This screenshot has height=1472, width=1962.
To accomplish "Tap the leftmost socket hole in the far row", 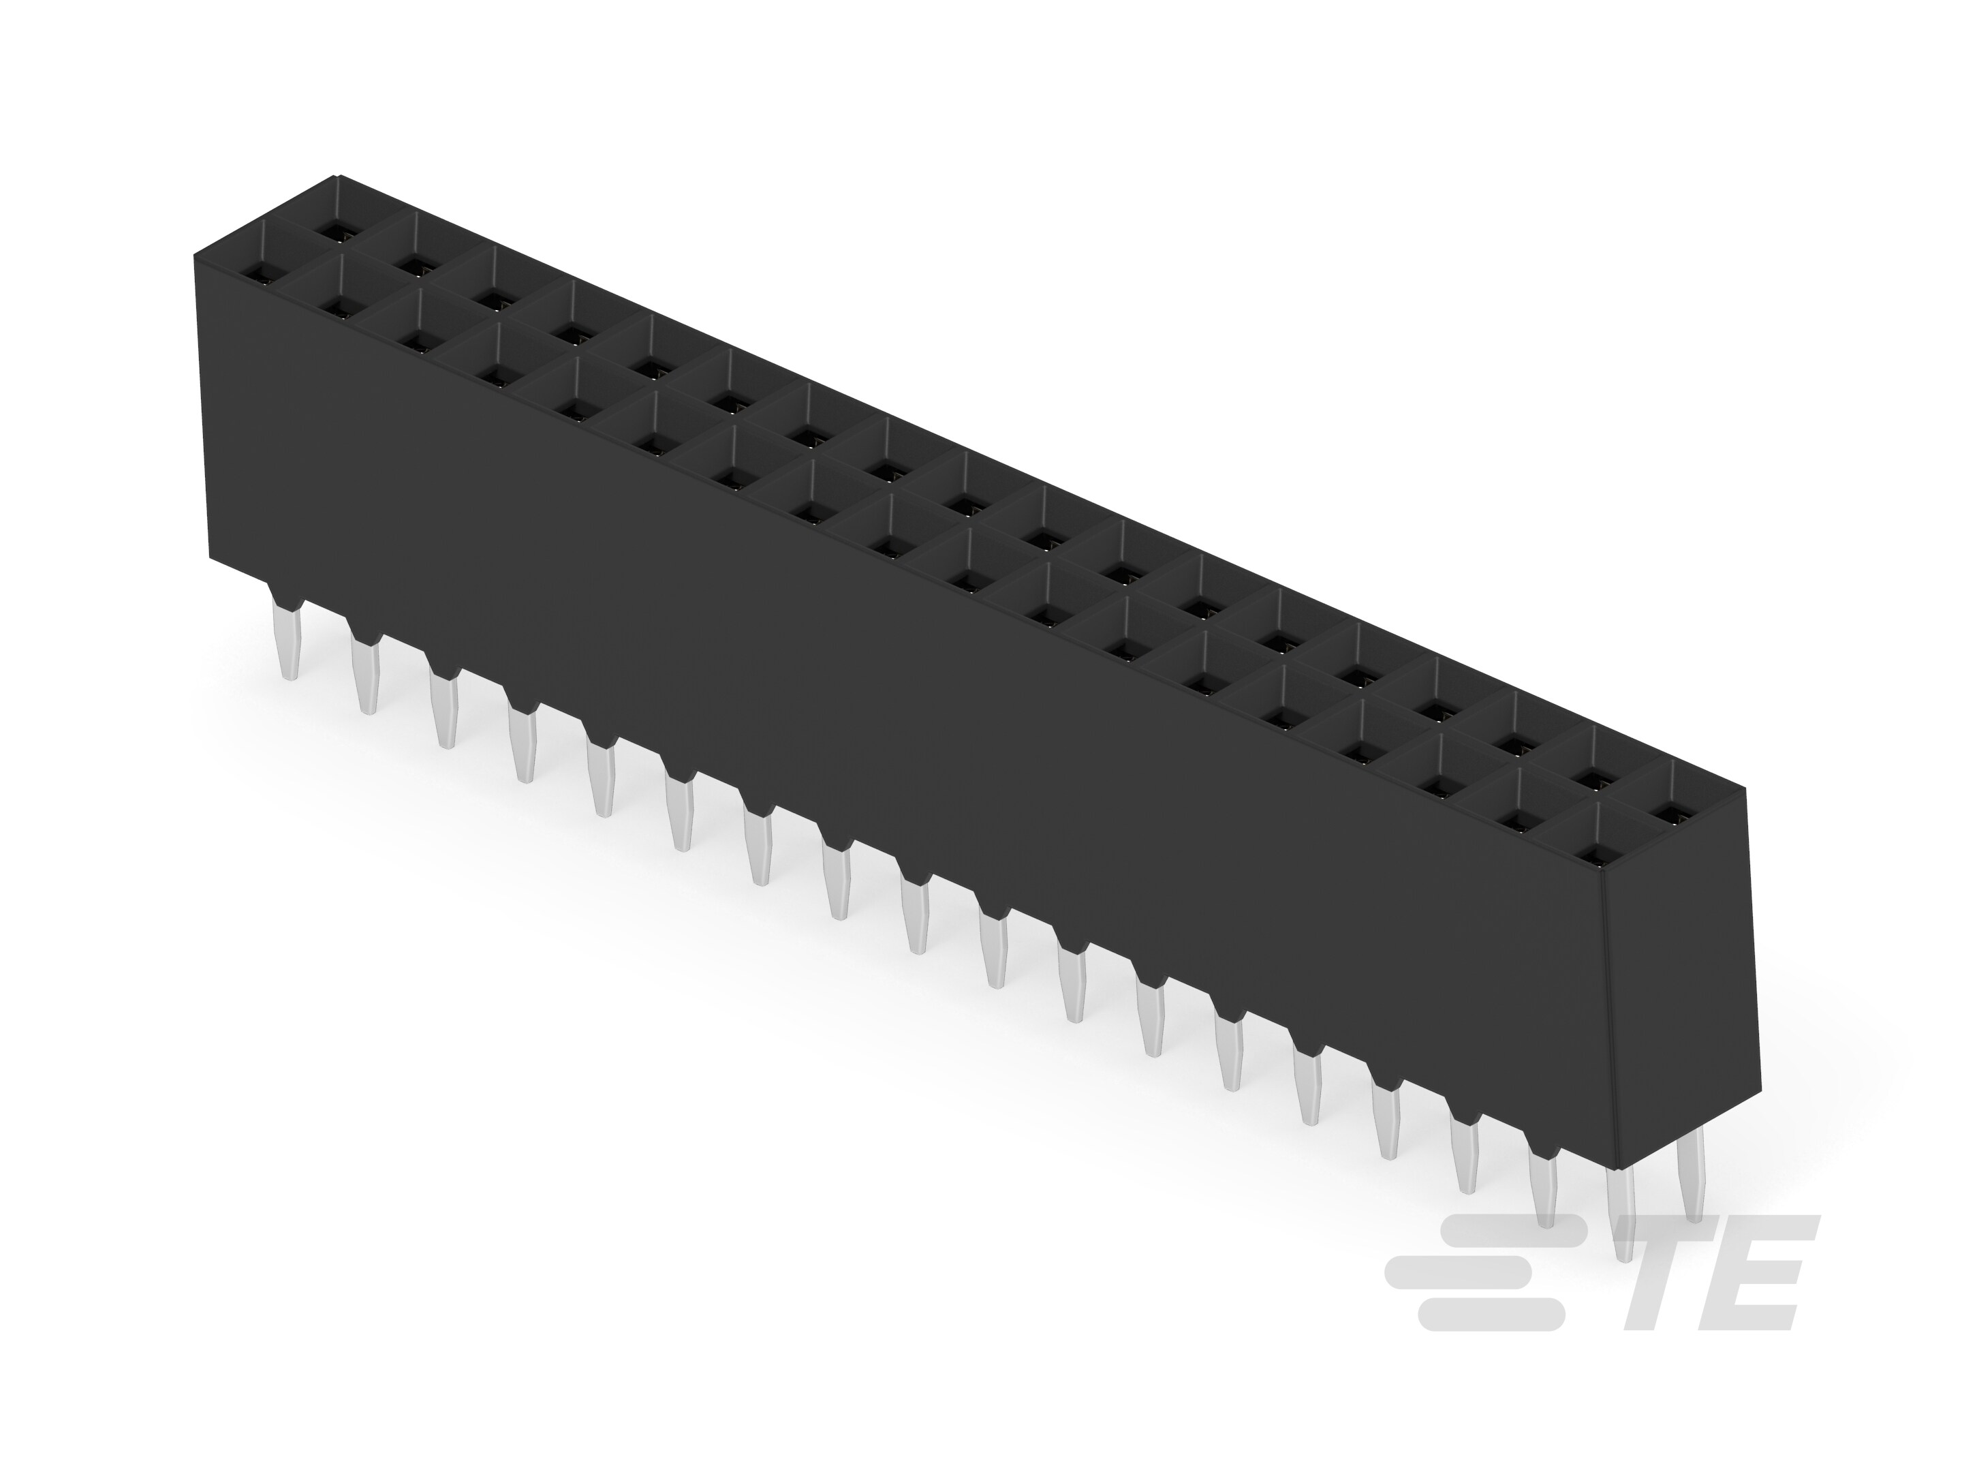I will click(335, 234).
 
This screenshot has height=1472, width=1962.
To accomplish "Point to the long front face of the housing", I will click(887, 710).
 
